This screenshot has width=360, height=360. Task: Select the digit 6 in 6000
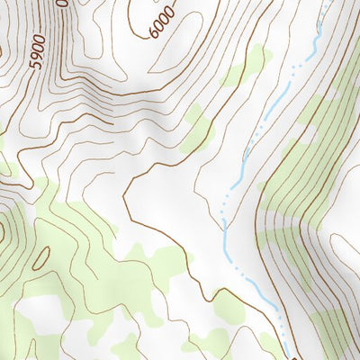[x=156, y=33]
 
